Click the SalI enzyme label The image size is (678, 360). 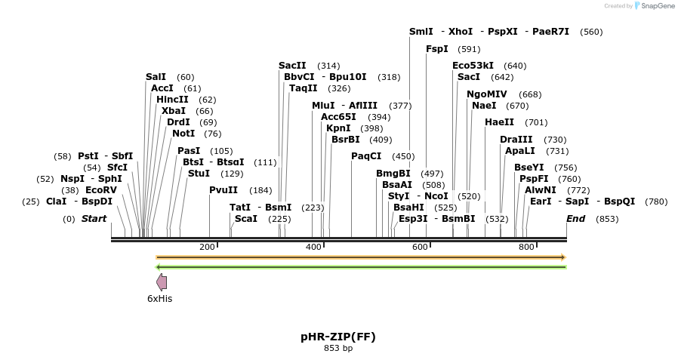tap(156, 77)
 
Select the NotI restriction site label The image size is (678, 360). tap(183, 134)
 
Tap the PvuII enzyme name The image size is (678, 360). tap(223, 190)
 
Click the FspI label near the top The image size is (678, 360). tap(437, 49)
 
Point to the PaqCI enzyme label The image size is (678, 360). tap(366, 156)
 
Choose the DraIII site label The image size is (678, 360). tap(516, 140)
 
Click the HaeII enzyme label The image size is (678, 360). tap(499, 122)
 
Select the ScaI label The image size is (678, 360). tap(246, 219)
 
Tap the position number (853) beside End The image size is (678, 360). tap(607, 219)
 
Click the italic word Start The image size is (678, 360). tap(94, 219)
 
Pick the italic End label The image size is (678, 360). tap(576, 219)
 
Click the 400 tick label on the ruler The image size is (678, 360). tap(313, 247)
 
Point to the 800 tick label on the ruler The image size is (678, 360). tap(526, 247)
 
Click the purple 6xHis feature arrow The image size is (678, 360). tap(162, 282)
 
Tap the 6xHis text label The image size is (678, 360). tap(159, 299)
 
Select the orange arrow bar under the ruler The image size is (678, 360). tap(361, 257)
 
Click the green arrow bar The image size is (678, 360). tap(361, 266)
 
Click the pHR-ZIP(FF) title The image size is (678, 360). tap(338, 337)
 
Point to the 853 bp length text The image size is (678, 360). tap(338, 349)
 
